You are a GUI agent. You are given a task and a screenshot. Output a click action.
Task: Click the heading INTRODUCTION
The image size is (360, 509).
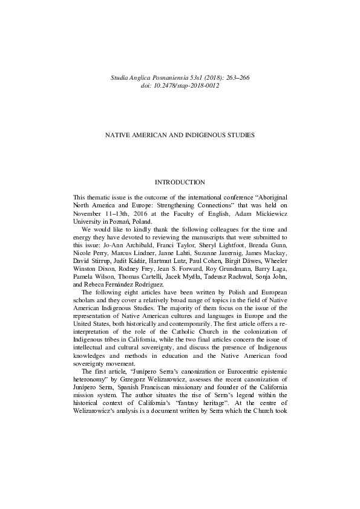[x=180, y=182]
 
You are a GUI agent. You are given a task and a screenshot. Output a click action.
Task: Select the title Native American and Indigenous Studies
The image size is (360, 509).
[x=180, y=134]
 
